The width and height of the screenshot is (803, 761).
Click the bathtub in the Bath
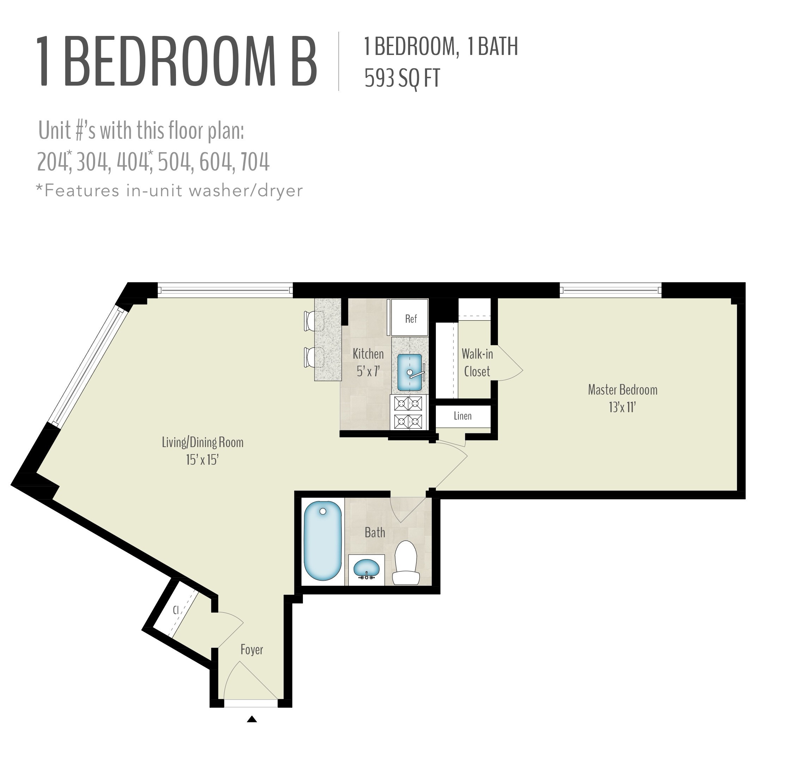point(323,541)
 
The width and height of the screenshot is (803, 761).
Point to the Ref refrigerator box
point(410,318)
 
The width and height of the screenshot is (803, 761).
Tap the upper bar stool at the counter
point(314,321)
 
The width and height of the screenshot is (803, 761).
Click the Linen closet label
point(462,416)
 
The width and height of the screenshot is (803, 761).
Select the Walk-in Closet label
point(477,363)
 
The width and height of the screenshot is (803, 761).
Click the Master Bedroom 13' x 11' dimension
point(622,407)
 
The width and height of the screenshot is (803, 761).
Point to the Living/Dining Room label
point(202,442)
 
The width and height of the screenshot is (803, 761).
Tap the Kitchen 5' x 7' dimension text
point(368,371)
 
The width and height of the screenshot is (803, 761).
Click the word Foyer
point(251,649)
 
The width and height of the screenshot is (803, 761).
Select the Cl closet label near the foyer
point(175,610)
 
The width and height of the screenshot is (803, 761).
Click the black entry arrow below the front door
point(252,719)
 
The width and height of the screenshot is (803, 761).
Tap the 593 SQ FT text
point(402,78)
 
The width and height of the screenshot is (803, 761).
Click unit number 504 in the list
point(174,162)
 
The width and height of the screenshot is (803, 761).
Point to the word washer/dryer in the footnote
point(245,191)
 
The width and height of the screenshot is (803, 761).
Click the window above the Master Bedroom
point(610,290)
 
